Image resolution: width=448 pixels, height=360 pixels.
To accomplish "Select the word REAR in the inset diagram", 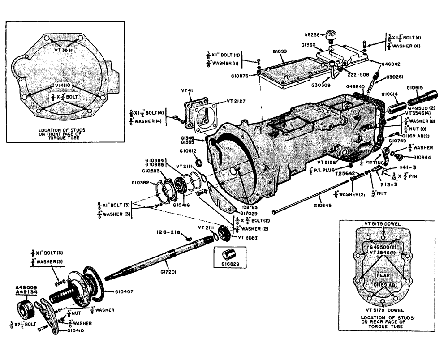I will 384,275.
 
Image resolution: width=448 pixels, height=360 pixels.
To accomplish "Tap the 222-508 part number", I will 357,75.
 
